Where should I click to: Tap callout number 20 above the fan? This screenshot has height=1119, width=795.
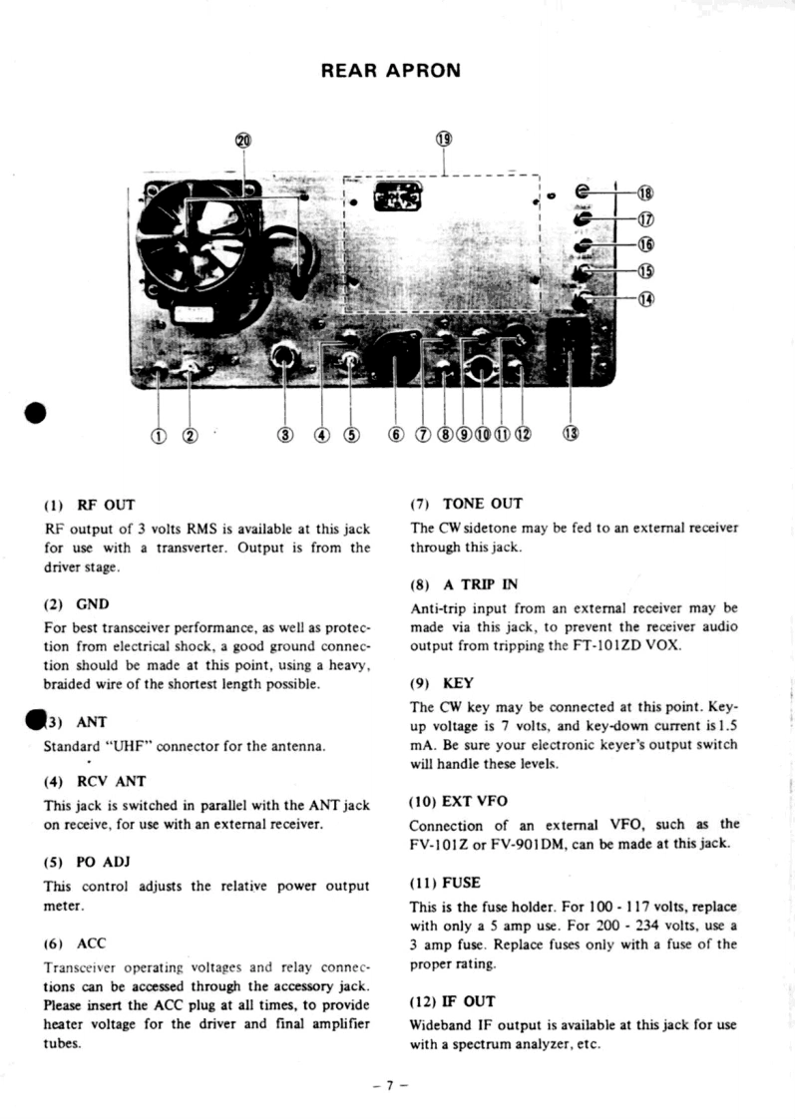[x=242, y=140]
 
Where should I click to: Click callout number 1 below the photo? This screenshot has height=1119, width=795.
[x=158, y=434]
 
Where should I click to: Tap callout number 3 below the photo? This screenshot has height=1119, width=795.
[x=286, y=434]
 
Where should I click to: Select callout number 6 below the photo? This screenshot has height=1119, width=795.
[x=396, y=434]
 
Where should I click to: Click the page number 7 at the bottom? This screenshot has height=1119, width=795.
[x=398, y=1082]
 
